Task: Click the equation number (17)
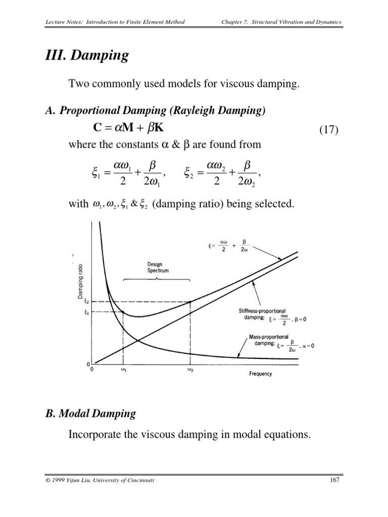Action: coord(330,130)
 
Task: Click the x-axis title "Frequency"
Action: coord(260,374)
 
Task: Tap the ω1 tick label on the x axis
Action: coord(123,370)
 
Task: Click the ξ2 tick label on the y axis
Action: coord(86,302)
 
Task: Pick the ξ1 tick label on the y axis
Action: coord(86,312)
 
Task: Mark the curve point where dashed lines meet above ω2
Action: coord(190,302)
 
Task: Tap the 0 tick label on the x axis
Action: coord(91,370)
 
